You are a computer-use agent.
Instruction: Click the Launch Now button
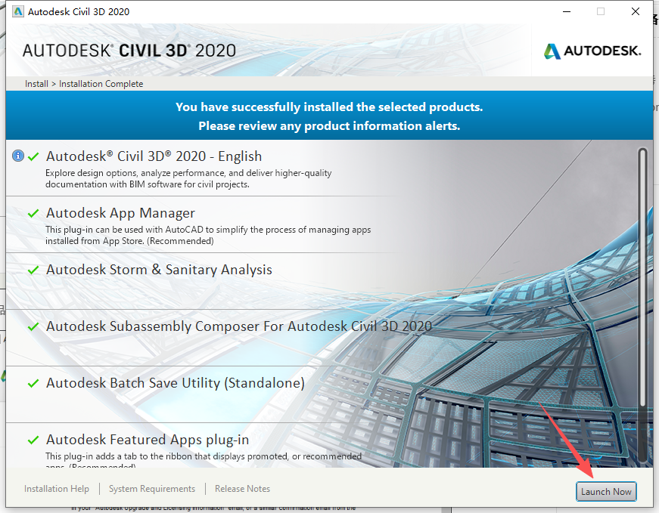pyautogui.click(x=605, y=492)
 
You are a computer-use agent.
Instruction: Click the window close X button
pyautogui.click(x=636, y=11)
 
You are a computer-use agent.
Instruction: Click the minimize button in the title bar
pyautogui.click(x=566, y=11)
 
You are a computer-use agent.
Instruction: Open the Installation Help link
pyautogui.click(x=57, y=489)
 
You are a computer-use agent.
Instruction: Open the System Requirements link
pyautogui.click(x=152, y=489)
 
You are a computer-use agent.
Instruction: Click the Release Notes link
pyautogui.click(x=242, y=489)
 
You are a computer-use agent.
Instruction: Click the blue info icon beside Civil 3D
pyautogui.click(x=18, y=156)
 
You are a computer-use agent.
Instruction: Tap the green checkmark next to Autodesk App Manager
pyautogui.click(x=33, y=214)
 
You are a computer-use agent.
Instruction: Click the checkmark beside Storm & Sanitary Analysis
pyautogui.click(x=33, y=270)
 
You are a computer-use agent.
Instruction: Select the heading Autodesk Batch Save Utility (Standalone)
pyautogui.click(x=175, y=383)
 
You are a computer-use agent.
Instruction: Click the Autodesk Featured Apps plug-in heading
pyautogui.click(x=148, y=439)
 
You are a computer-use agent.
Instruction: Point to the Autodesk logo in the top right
pyautogui.click(x=592, y=51)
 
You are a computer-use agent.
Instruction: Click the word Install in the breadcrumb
pyautogui.click(x=36, y=84)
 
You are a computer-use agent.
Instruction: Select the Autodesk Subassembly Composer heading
pyautogui.click(x=238, y=326)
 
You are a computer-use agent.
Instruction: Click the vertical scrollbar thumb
pyautogui.click(x=642, y=302)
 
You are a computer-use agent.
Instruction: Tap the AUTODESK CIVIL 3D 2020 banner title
pyautogui.click(x=129, y=51)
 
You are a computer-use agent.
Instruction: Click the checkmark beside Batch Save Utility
pyautogui.click(x=33, y=383)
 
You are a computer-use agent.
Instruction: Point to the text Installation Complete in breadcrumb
pyautogui.click(x=101, y=84)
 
